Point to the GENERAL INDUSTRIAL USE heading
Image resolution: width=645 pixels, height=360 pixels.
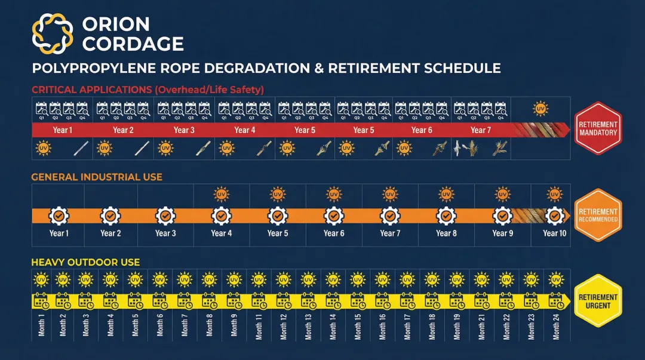coord(97,177)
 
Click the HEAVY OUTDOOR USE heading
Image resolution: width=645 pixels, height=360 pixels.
coord(85,262)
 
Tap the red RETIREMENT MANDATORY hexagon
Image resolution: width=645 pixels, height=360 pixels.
coord(598,128)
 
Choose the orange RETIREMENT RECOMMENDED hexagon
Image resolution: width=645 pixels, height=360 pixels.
coord(598,216)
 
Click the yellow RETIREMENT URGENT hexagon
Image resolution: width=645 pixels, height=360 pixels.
coord(598,301)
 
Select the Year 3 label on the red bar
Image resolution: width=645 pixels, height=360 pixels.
coord(184,130)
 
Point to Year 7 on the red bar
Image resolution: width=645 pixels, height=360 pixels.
coord(481,130)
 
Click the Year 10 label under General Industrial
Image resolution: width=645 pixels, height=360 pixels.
coord(554,233)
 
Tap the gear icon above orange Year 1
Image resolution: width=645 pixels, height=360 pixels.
coord(59,216)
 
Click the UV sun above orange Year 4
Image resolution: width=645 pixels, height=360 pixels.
coord(222,194)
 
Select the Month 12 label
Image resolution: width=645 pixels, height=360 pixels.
coord(283,325)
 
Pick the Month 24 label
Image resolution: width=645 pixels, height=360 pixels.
coord(555,325)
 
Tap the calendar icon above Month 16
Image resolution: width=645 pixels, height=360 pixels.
coord(383,300)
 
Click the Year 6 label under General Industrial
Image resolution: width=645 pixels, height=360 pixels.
coord(334,233)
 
